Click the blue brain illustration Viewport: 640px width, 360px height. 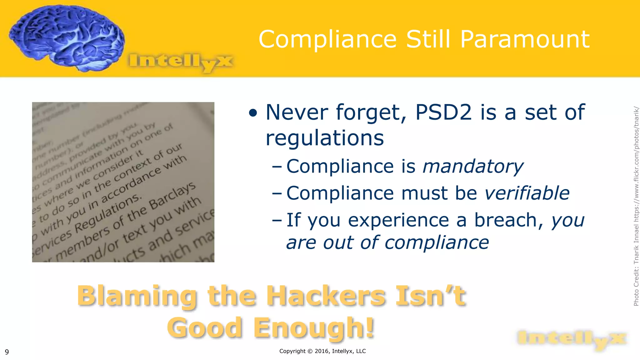point(66,37)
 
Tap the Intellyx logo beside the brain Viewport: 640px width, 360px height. point(181,61)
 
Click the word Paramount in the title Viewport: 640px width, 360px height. point(525,39)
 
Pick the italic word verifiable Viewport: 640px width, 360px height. point(527,193)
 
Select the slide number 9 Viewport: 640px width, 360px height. point(7,352)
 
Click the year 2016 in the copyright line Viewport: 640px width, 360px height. point(322,351)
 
